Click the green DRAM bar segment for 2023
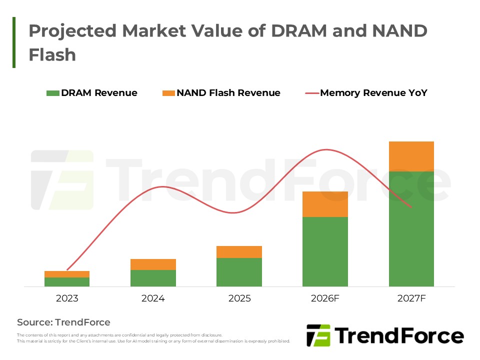(67, 282)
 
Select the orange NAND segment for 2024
(153, 264)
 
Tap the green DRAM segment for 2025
(239, 272)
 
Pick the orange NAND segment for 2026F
(325, 204)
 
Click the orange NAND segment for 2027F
(411, 156)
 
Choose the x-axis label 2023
(67, 298)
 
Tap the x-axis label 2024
(153, 298)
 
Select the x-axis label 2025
(239, 298)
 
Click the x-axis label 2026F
(325, 298)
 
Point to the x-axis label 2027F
(411, 298)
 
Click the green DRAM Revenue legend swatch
(52, 93)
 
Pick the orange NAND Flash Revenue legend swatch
(169, 93)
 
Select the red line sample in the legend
(311, 93)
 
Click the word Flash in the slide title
(52, 54)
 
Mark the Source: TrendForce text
(63, 322)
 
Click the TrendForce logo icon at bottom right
(318, 335)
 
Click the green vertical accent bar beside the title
(14, 42)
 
